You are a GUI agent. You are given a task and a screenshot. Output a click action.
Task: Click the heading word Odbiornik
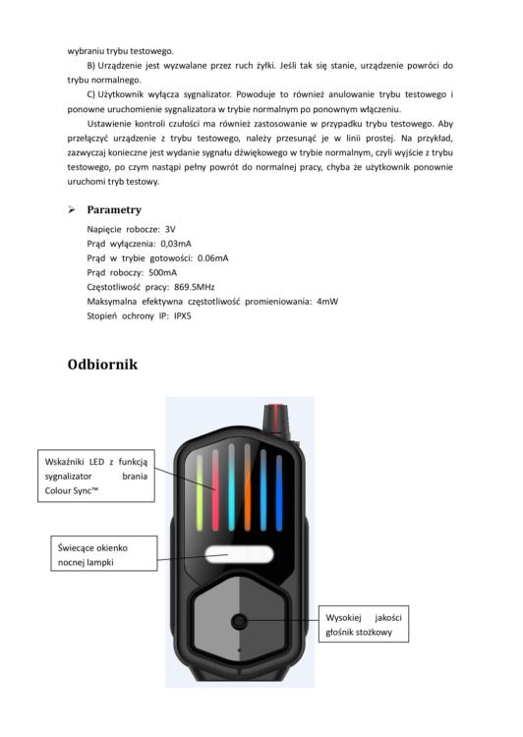(x=102, y=365)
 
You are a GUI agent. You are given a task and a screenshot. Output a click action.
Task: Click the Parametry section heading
(x=114, y=209)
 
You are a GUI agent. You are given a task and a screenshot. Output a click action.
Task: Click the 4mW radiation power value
(x=327, y=302)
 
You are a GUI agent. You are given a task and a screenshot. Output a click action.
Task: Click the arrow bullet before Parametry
(x=72, y=209)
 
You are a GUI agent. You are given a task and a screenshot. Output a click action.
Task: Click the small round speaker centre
(x=239, y=621)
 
